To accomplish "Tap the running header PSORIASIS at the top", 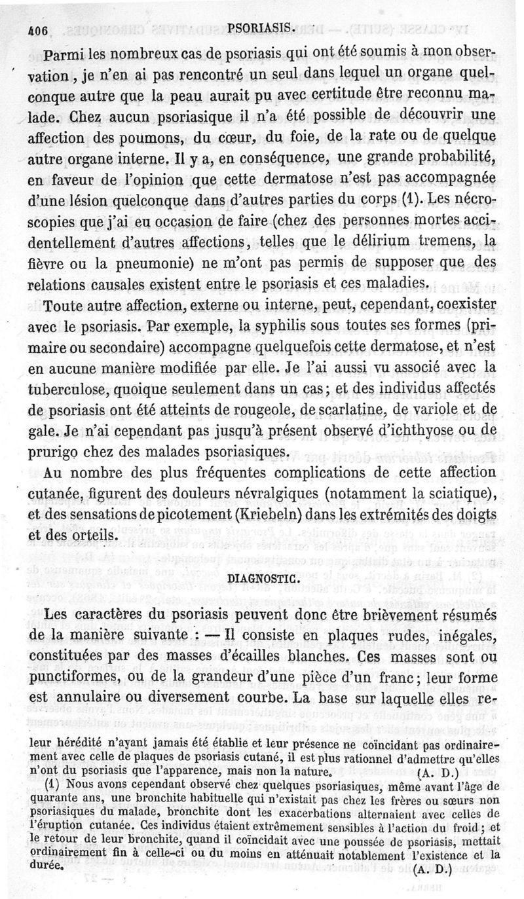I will [x=261, y=28].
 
